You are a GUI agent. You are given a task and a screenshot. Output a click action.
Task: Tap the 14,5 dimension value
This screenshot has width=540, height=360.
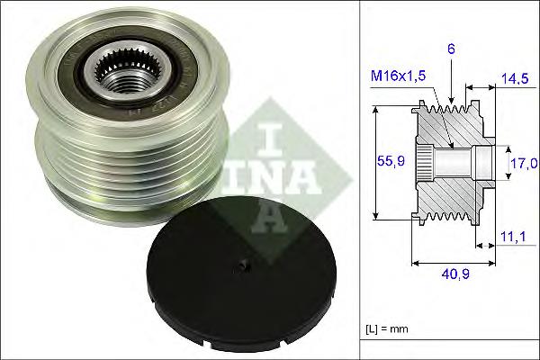pyautogui.click(x=516, y=79)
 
